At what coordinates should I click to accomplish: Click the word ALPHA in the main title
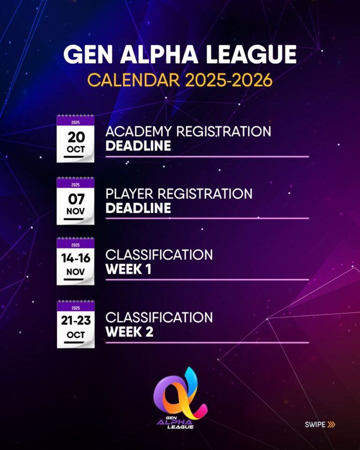pos(159,54)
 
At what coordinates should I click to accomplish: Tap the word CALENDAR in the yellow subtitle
pos(134,80)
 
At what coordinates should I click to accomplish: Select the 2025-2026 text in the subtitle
pos(229,80)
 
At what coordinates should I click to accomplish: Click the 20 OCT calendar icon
pos(75,139)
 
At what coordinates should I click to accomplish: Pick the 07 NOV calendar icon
pos(75,201)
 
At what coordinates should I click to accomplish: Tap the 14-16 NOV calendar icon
pos(75,261)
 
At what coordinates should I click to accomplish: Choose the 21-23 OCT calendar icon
pos(76,324)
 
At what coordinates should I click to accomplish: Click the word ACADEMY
pos(138,131)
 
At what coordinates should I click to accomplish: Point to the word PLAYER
pos(129,194)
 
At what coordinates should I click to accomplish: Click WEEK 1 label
pos(128,269)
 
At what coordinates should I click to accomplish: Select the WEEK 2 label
pos(129,332)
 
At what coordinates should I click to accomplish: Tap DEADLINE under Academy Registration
pos(138,146)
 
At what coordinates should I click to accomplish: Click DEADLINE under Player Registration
pos(138,208)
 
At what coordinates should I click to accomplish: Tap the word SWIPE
pos(315,425)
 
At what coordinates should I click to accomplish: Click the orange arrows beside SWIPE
pos(331,425)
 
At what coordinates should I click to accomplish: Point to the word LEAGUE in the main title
pos(251,54)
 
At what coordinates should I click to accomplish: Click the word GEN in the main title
pos(88,54)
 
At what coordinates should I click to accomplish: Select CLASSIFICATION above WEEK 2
pos(159,317)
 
